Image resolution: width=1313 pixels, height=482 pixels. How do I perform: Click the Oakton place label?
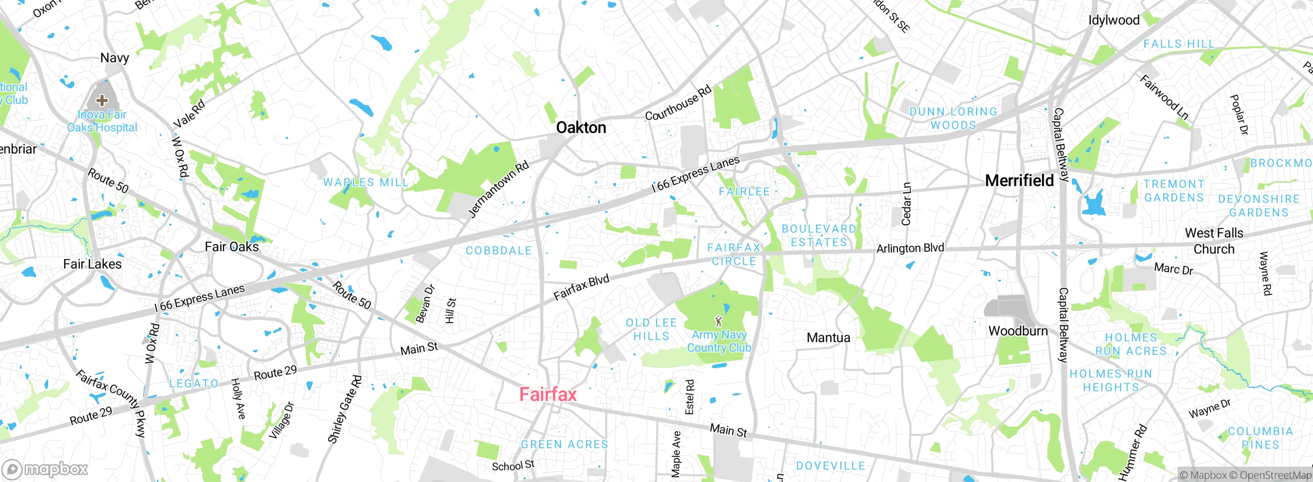pos(581,127)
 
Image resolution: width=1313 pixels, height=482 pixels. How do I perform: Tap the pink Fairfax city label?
pos(548,394)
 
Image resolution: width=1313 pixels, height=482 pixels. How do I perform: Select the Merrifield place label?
pos(1019,180)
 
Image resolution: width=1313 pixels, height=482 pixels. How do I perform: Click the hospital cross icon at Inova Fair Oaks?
pos(102,99)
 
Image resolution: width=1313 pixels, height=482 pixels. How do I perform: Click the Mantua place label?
pos(828,337)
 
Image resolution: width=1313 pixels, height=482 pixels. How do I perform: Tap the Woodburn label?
pos(1018,331)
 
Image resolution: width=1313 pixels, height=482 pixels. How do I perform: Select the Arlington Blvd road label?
pos(910,248)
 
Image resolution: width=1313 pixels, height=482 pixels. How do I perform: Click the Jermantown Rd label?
pos(498,190)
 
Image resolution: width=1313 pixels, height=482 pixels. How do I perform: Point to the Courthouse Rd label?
pos(678,103)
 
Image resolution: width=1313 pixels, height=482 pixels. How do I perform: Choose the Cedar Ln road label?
pos(906,204)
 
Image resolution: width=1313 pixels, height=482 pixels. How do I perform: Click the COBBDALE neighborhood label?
pos(499,251)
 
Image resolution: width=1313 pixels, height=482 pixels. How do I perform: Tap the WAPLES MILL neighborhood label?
pos(366,182)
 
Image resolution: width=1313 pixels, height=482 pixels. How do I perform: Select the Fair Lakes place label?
pos(92,264)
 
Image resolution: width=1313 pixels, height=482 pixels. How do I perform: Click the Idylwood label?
pos(1114,21)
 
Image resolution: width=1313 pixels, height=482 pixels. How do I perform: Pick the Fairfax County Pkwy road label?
pos(111,404)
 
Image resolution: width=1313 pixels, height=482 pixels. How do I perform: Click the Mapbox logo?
pos(45,469)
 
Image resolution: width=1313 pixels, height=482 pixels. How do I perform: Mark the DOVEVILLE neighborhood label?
pos(830,466)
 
